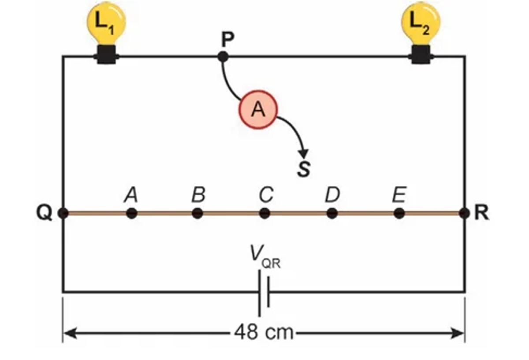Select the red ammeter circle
coord(258,110)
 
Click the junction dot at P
coord(223,56)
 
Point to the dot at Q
coord(63,213)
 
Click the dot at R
coord(464,213)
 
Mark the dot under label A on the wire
coord(131,213)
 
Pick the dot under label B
coord(198,213)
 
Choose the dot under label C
coord(264,213)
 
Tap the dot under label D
coord(332,213)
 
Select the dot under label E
coord(399,213)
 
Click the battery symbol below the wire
coord(264,292)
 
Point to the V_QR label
coord(264,257)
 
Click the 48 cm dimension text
coord(264,332)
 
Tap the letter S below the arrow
coord(303,168)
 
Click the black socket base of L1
coord(106,55)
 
